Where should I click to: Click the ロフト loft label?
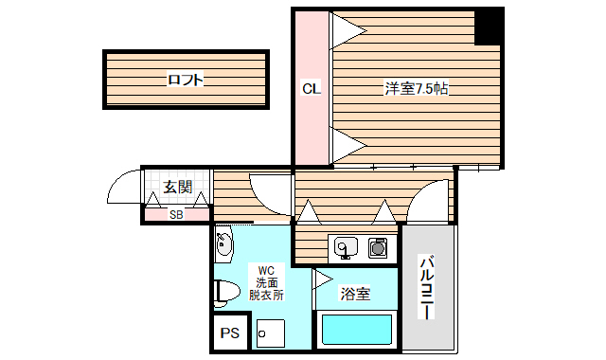pos(185,81)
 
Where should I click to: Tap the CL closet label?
pos(312,90)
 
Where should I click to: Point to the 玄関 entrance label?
pos(177,188)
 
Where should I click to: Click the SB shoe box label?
pos(176,214)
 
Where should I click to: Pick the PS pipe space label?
pos(229,333)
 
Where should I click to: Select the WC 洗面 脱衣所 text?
pos(265,282)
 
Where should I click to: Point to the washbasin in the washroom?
pos(223,247)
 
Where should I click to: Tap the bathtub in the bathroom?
pos(357,331)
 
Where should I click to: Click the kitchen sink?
pos(344,247)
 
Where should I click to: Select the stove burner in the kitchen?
pos(379,248)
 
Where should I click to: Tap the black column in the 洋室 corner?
pos(489,27)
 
